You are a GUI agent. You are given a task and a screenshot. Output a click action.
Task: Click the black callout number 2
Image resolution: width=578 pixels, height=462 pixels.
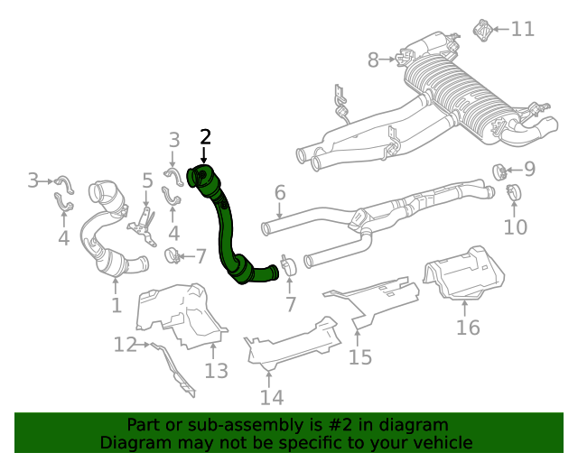pos(205,137)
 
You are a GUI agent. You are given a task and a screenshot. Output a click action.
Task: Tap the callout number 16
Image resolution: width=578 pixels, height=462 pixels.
pos(468,327)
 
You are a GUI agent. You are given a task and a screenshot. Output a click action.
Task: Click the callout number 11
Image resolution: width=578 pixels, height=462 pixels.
pos(522,29)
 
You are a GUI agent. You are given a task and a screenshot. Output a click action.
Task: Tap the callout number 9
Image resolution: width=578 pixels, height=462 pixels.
pos(529,168)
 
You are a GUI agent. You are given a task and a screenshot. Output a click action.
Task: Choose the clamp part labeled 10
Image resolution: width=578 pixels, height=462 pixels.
pos(513,192)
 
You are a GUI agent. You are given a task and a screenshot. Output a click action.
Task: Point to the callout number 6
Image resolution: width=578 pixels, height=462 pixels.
pos(280,192)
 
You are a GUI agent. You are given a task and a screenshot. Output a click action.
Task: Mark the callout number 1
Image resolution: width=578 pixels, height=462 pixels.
pos(116,306)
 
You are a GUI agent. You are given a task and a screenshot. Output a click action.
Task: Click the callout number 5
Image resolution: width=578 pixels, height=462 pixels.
pos(147,181)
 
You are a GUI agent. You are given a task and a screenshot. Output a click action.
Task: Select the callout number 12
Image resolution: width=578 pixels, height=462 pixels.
pos(125,344)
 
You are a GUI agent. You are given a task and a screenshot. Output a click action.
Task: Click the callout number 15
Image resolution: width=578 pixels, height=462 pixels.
pos(359,357)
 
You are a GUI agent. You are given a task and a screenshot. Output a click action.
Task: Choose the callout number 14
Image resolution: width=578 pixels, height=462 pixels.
pos(271,397)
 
